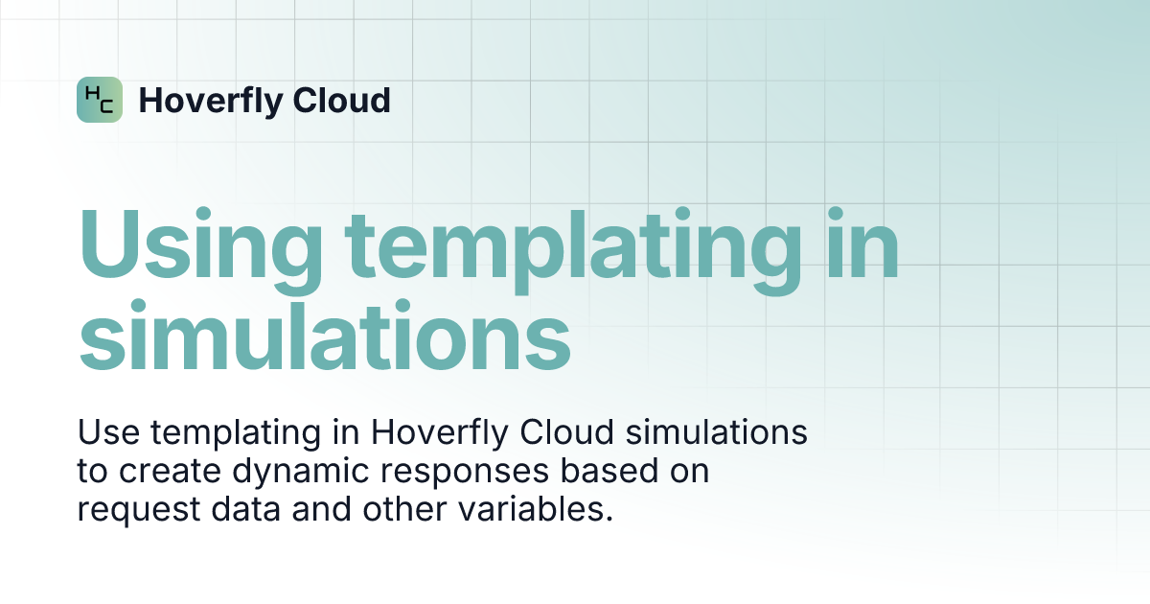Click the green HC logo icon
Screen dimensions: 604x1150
[100, 100]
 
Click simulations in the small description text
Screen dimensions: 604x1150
[716, 432]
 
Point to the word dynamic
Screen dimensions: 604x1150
[288, 473]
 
